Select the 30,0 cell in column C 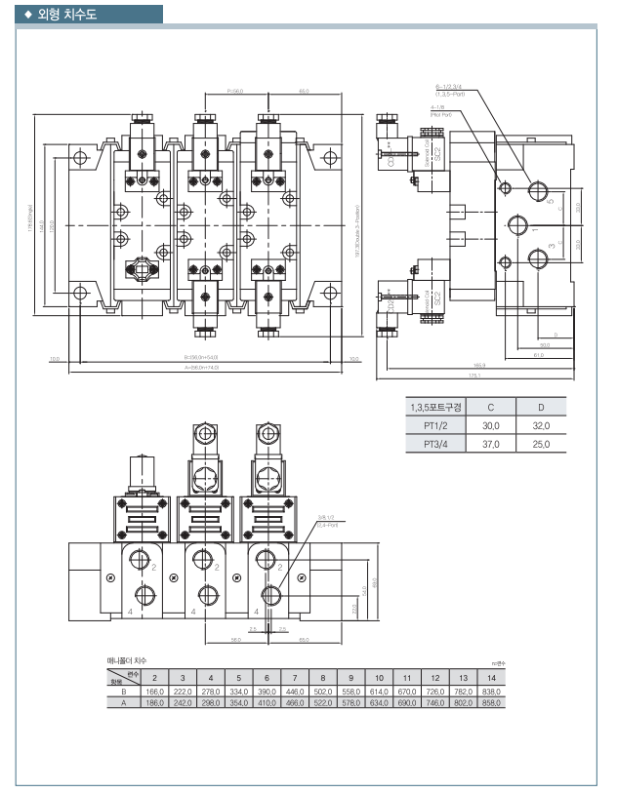click(x=490, y=425)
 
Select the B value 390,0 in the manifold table click(x=266, y=691)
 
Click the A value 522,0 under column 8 click(x=322, y=702)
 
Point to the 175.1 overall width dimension click(x=474, y=375)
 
